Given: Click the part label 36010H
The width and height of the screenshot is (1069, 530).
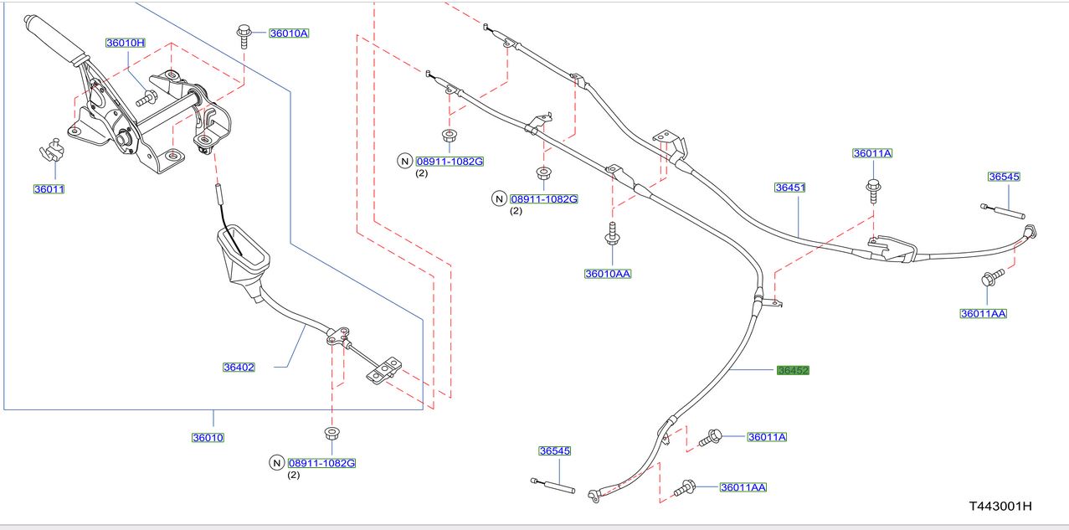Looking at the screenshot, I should tap(126, 43).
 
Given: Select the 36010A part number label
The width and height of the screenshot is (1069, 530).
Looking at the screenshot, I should tap(289, 33).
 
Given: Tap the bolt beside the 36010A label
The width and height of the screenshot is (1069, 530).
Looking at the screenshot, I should tap(244, 34).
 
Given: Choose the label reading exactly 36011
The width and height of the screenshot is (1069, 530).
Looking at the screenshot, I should tap(49, 189).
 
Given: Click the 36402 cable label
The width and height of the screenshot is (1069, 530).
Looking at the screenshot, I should tap(239, 367).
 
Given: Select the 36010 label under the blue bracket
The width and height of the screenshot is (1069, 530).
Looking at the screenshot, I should tap(208, 437).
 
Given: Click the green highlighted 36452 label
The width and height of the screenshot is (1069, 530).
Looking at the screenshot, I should tap(792, 370).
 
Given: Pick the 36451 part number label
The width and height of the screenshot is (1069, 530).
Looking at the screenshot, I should tap(789, 188).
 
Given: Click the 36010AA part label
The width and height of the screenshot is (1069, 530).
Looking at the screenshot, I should tap(608, 273).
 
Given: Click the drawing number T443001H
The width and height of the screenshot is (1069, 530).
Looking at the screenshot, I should tap(1000, 506).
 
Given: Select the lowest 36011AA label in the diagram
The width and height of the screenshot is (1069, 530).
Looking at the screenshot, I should tap(743, 486).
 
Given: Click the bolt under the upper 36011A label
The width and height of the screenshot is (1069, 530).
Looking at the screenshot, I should tap(873, 190).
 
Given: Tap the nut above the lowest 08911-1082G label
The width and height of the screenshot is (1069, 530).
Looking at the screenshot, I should tap(331, 435).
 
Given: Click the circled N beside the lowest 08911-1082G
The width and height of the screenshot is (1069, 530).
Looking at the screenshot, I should tap(276, 463).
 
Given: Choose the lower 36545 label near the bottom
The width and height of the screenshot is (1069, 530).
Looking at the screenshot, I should tap(554, 450).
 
